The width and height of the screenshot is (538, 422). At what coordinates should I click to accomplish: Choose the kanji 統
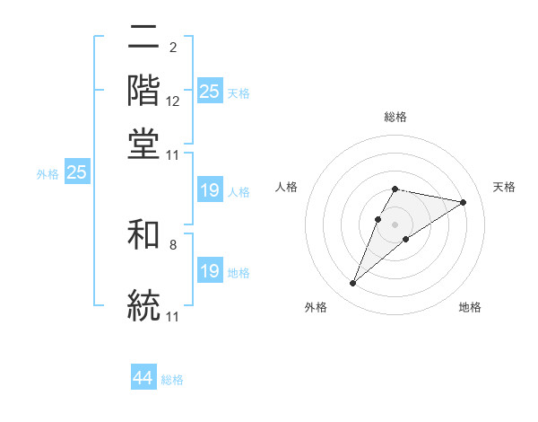click(x=143, y=303)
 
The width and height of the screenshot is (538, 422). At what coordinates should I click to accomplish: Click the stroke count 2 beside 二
click(x=173, y=48)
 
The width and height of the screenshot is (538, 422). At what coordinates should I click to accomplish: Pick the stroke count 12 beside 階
click(x=173, y=101)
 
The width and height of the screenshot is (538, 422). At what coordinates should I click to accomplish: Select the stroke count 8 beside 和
click(x=173, y=244)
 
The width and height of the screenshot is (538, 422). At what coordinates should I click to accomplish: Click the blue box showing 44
click(x=143, y=378)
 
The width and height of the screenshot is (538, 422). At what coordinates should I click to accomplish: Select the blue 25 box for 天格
click(x=210, y=91)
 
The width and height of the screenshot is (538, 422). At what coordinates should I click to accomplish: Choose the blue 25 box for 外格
click(x=76, y=172)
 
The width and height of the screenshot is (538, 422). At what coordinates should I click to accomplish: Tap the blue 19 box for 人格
click(x=210, y=190)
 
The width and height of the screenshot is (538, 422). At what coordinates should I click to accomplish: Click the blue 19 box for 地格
click(x=210, y=270)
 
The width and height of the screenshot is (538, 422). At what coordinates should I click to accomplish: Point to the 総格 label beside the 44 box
click(x=172, y=380)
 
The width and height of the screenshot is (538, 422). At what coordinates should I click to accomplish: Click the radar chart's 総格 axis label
click(x=395, y=117)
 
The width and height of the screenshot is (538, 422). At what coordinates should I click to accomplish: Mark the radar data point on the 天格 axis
click(x=463, y=202)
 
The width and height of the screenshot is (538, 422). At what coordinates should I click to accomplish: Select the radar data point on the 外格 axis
click(x=352, y=284)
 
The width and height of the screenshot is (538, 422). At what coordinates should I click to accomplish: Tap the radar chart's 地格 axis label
click(x=470, y=308)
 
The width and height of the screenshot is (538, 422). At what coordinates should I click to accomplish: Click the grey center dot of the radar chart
click(x=395, y=224)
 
